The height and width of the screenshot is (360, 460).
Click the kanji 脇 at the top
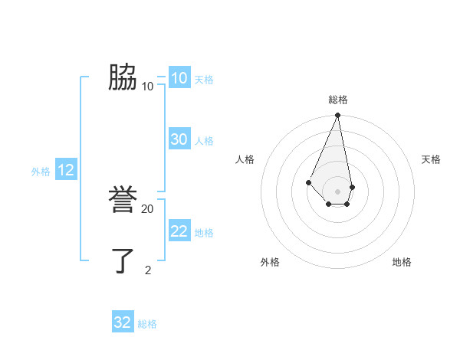123,78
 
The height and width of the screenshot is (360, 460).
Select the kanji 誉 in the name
123,201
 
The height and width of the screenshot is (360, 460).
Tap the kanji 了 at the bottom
123,261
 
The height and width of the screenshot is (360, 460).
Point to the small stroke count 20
148,208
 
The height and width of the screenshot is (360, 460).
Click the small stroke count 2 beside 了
148,270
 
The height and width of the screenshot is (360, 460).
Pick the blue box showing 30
179,139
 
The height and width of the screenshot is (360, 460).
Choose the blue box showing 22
179,231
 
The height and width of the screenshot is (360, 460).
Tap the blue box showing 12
66,170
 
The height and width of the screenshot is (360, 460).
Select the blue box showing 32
123,322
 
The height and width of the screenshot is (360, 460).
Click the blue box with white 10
179,78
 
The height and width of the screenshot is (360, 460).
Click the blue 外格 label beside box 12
41,172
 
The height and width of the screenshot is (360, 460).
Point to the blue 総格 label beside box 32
147,324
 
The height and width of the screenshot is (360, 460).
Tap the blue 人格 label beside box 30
204,141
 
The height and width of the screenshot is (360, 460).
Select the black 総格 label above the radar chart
338,100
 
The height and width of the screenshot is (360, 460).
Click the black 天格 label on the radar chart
432,159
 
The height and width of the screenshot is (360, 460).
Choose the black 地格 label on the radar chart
402,262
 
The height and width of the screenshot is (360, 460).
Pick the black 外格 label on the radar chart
270,262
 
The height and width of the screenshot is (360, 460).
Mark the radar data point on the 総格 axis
338,116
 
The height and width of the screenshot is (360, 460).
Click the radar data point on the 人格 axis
308,182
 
